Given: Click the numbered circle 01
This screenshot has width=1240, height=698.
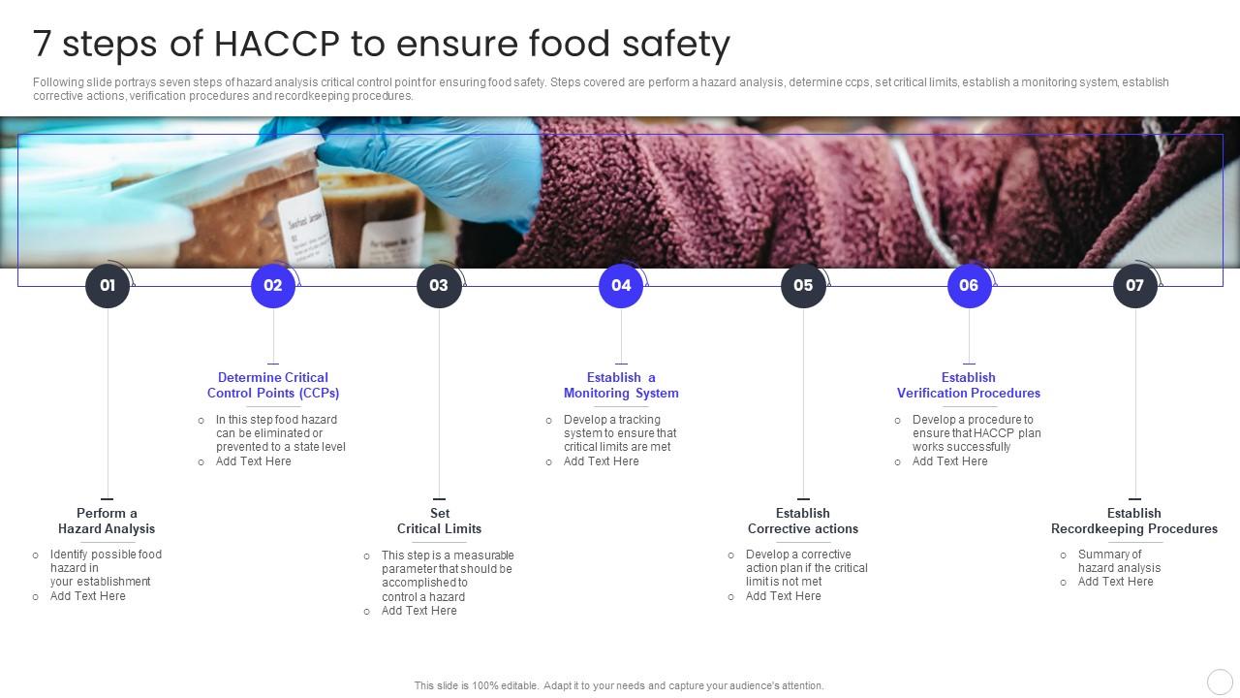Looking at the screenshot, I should (x=108, y=286).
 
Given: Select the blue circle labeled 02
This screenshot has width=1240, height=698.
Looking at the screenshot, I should (x=273, y=286).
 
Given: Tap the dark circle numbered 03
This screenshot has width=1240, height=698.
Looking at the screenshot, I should (x=439, y=286).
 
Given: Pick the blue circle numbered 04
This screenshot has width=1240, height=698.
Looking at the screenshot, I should (x=621, y=286).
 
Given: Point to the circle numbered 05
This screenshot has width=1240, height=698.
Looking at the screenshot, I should (x=803, y=286).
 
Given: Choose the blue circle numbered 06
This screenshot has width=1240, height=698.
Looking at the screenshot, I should (x=969, y=286).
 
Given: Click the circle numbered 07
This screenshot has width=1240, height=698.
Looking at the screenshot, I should (x=1134, y=286).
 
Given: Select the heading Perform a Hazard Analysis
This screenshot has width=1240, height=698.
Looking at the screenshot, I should (x=107, y=521).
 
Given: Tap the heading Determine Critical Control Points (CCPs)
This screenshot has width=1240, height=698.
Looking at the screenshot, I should (x=273, y=385).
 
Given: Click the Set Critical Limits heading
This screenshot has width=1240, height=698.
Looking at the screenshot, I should (x=439, y=521).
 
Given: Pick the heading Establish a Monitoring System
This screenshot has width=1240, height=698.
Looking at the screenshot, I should (x=621, y=385).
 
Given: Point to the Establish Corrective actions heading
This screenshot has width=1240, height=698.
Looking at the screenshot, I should (x=803, y=521).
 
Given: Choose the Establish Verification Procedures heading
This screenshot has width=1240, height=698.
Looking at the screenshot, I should (x=969, y=385).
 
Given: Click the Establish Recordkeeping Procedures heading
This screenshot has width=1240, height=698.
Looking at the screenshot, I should (x=1134, y=521).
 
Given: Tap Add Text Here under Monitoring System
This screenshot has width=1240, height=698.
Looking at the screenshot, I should (x=602, y=461).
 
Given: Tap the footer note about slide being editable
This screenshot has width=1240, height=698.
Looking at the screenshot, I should (x=619, y=685).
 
